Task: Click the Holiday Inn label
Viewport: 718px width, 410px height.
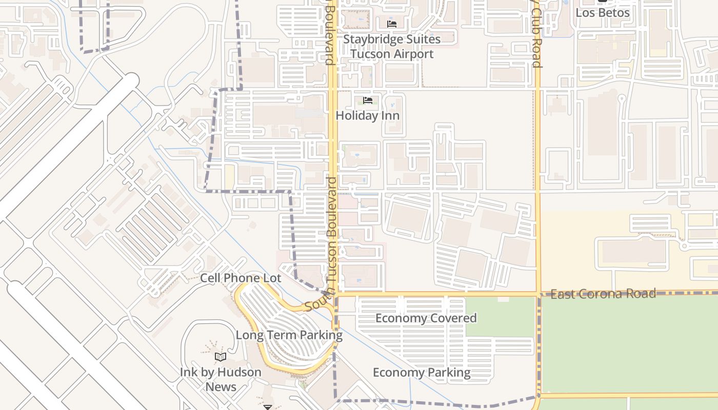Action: pyautogui.click(x=367, y=116)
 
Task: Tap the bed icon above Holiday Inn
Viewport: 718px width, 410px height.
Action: pyautogui.click(x=368, y=100)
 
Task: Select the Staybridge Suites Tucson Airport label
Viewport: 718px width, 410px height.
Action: pyautogui.click(x=392, y=47)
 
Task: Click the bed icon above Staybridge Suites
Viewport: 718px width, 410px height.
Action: pyautogui.click(x=392, y=24)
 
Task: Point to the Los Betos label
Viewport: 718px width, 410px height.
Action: pyautogui.click(x=602, y=12)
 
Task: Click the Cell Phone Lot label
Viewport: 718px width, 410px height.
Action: pyautogui.click(x=241, y=278)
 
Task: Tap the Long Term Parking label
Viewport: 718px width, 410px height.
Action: pyautogui.click(x=289, y=335)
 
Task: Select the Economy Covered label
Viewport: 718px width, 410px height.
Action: pyautogui.click(x=426, y=318)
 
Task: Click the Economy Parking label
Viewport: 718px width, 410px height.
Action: pyautogui.click(x=422, y=373)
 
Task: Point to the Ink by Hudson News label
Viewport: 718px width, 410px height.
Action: pyautogui.click(x=221, y=379)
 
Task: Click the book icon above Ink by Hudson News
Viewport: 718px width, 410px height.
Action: pyautogui.click(x=221, y=357)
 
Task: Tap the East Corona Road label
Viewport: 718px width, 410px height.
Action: pyautogui.click(x=603, y=294)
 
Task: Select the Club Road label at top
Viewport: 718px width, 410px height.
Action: pyautogui.click(x=536, y=36)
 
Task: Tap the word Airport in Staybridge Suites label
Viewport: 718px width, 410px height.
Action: pyautogui.click(x=411, y=54)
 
